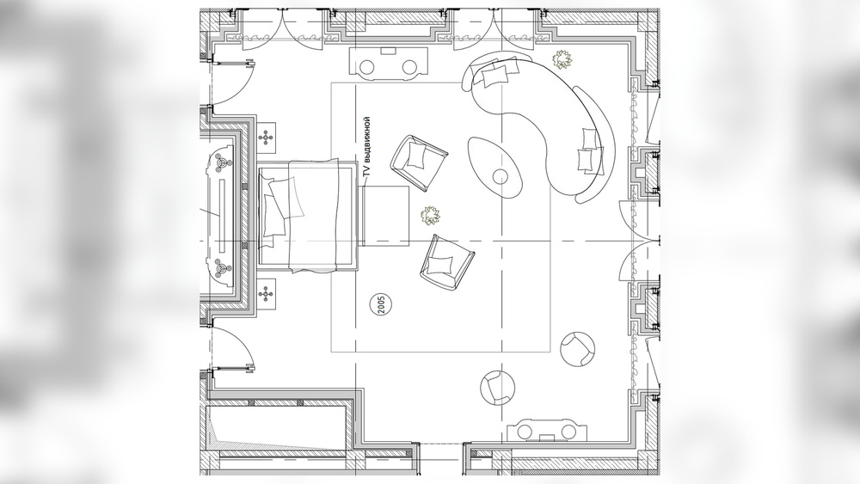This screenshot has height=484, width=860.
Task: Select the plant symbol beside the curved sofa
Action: click(562, 59)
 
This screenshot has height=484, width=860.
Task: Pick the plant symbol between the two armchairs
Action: click(430, 216)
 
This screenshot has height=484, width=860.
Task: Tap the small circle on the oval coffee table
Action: click(501, 176)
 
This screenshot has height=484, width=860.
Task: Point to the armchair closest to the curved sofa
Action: click(419, 162)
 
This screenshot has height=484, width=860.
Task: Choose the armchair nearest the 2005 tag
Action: click(446, 260)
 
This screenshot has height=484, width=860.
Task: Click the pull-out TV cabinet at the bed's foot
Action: click(386, 216)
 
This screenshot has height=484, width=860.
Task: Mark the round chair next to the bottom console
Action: click(498, 387)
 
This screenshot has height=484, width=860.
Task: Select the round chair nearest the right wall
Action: click(578, 348)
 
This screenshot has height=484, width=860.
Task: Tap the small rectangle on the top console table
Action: click(389, 51)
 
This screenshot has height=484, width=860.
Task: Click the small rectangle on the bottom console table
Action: click(547, 437)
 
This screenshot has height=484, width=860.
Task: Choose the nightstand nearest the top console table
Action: click(267, 137)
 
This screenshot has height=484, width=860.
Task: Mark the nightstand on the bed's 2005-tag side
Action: click(267, 294)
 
